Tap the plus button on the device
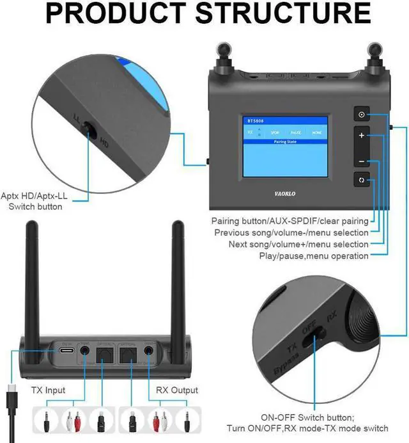tap(362, 136)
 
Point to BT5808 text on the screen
tap(255, 120)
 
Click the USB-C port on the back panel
tap(66, 351)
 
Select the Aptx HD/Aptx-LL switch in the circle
tap(90, 131)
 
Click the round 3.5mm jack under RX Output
tap(150, 351)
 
